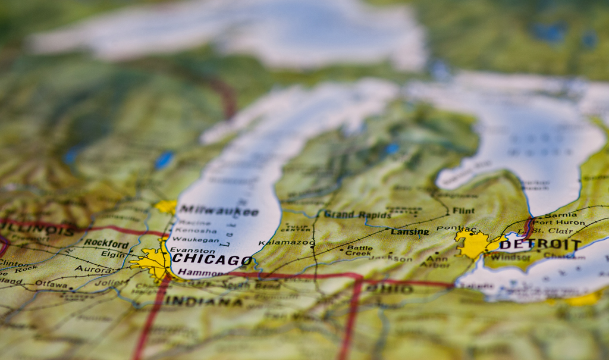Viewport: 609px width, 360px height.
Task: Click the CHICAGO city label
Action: point(212,260)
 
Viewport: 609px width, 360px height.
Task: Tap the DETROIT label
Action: point(539,245)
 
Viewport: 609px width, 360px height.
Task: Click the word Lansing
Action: point(410,231)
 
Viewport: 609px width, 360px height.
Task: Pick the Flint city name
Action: point(463,211)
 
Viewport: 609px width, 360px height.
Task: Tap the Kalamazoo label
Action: point(287,243)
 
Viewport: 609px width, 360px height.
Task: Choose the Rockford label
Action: point(106,243)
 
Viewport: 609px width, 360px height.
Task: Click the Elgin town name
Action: point(113,254)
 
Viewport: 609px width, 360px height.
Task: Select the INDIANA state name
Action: point(203,301)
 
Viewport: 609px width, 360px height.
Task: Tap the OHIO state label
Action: point(389,288)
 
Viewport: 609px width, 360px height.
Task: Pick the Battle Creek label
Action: point(359,251)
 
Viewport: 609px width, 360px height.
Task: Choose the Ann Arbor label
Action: point(438,261)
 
